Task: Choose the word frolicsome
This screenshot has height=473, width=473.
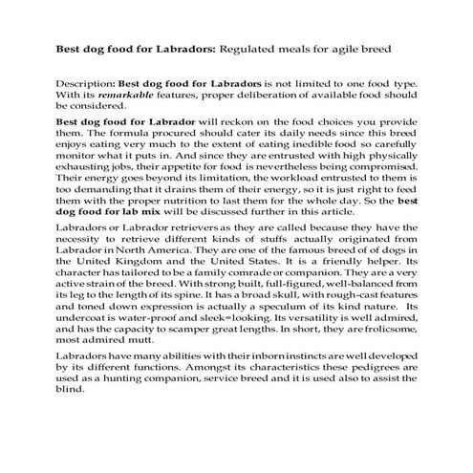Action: coord(366,357)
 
